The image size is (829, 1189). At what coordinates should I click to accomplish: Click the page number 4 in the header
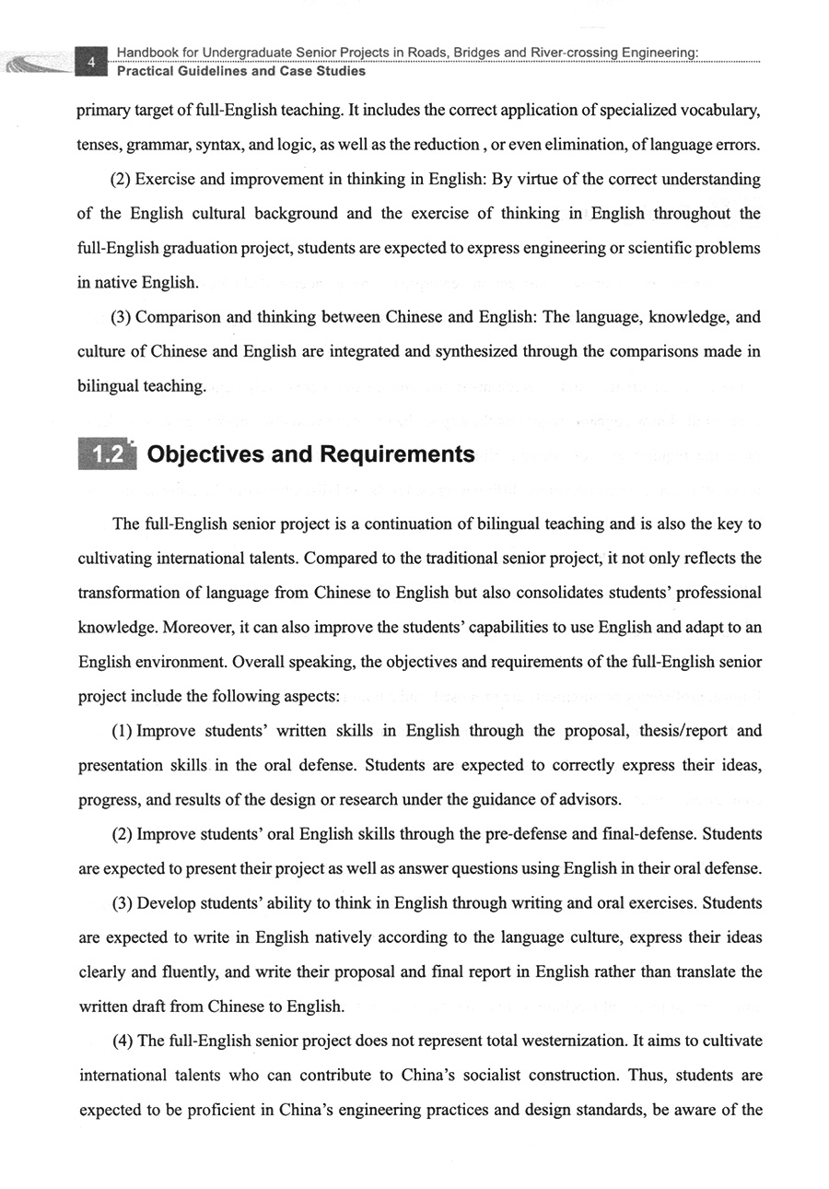pos(91,62)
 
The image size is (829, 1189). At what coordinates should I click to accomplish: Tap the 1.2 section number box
pos(109,455)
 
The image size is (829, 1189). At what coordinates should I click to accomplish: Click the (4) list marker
pos(123,1041)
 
